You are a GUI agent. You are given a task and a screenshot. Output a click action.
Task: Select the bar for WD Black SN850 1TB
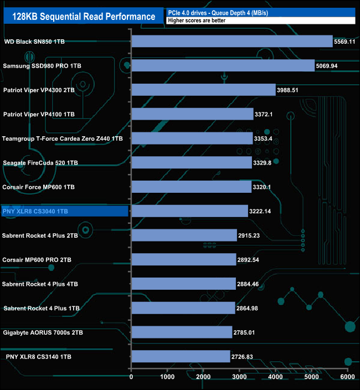click(232, 42)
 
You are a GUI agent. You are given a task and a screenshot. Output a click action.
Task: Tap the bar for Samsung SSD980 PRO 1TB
click(223, 66)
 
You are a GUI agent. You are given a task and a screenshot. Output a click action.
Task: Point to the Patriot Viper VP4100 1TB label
click(39, 114)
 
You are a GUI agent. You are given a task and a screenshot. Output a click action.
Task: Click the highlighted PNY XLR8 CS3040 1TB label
click(35, 211)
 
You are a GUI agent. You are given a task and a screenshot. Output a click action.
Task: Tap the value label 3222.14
click(264, 211)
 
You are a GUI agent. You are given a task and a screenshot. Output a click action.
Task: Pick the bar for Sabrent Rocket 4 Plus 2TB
click(184, 235)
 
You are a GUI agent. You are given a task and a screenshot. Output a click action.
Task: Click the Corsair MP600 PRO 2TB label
click(37, 259)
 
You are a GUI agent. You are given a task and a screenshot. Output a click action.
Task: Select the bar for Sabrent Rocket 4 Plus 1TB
click(183, 308)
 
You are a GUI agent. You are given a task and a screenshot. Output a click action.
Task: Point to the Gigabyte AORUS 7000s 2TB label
click(43, 332)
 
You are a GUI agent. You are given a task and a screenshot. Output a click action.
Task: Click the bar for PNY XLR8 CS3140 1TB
click(181, 356)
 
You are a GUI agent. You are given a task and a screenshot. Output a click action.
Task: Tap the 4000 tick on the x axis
click(275, 377)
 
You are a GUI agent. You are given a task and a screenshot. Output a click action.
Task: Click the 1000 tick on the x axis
click(167, 377)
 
